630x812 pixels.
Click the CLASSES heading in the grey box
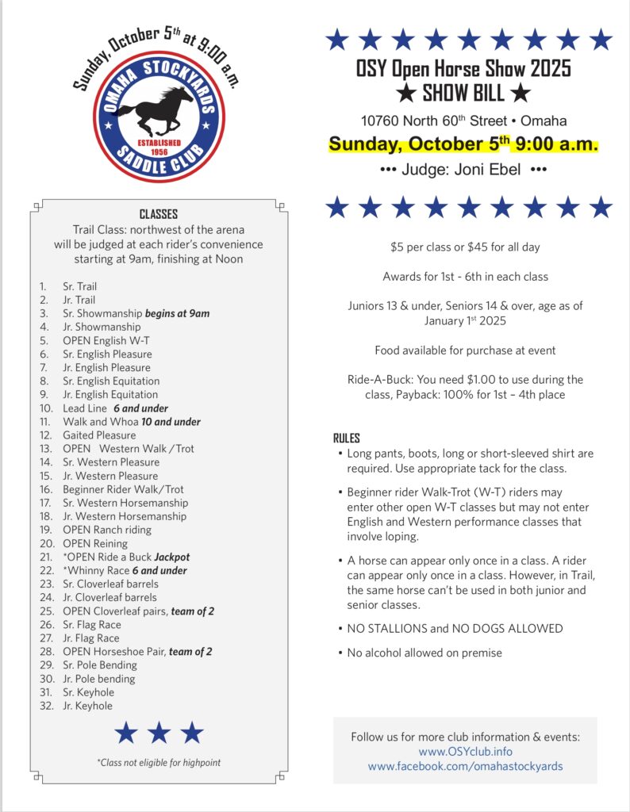(x=159, y=214)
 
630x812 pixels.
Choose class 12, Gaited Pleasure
(x=99, y=435)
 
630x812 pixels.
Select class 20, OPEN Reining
(x=95, y=543)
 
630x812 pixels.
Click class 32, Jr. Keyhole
(x=87, y=706)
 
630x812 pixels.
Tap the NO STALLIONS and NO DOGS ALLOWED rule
(x=455, y=629)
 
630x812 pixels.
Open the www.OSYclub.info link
(x=465, y=752)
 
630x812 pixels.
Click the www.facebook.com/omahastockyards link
(x=465, y=767)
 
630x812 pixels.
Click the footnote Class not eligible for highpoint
(x=159, y=762)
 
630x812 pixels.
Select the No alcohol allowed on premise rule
(x=424, y=653)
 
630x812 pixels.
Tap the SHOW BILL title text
(x=463, y=94)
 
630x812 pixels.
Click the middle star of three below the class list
(x=159, y=733)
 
